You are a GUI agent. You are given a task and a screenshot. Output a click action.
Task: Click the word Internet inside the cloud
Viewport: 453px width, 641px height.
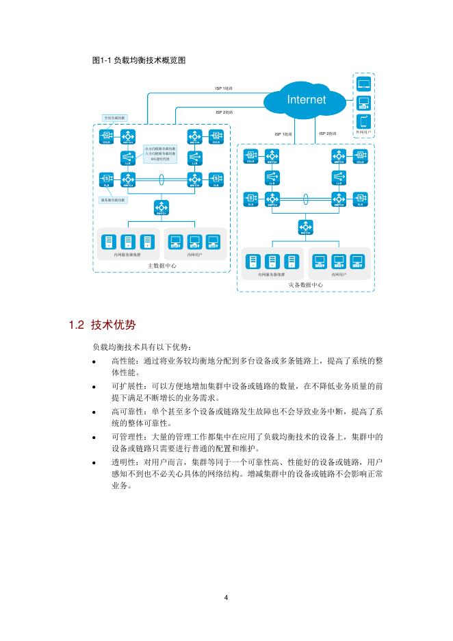[x=306, y=100]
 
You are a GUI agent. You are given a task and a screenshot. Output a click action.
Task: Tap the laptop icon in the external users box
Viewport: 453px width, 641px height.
[x=363, y=84]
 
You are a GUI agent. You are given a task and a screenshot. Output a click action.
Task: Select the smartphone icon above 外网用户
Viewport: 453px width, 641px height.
[x=363, y=121]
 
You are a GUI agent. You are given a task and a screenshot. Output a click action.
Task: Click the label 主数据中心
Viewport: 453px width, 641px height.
[x=162, y=265]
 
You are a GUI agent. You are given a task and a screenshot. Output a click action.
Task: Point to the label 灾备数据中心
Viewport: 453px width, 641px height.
[x=305, y=284]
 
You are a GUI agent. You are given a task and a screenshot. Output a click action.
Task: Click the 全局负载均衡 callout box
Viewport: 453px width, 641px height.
[x=114, y=118]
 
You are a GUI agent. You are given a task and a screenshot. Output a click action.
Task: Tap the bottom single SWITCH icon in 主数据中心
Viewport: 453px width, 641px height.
[x=161, y=208]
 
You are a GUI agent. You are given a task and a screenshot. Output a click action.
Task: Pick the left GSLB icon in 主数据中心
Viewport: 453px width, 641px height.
[x=107, y=136]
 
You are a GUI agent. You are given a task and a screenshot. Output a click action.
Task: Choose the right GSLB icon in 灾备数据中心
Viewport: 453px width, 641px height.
[x=359, y=156]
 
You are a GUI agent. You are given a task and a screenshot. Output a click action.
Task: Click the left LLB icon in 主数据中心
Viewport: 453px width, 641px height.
[x=127, y=158]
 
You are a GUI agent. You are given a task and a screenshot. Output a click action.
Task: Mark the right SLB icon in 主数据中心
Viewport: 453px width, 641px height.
[x=216, y=179]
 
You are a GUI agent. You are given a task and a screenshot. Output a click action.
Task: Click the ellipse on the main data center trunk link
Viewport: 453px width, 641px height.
[x=162, y=179]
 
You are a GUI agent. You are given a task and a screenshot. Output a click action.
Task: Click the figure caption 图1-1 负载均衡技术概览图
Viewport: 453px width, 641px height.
[x=139, y=60]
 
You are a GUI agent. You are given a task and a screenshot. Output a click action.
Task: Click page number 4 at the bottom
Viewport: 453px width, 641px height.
[x=226, y=597]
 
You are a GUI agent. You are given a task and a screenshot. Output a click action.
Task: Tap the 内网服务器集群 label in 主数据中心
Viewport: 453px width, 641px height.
[x=127, y=254]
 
